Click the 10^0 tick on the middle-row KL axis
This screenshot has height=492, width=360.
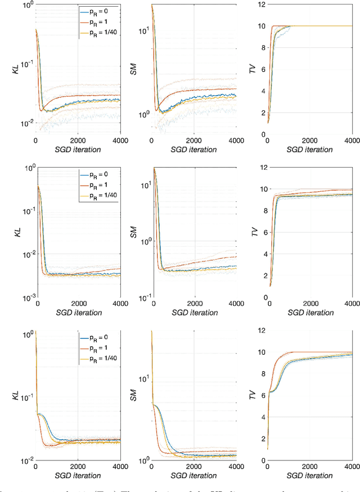tap(26, 167)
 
